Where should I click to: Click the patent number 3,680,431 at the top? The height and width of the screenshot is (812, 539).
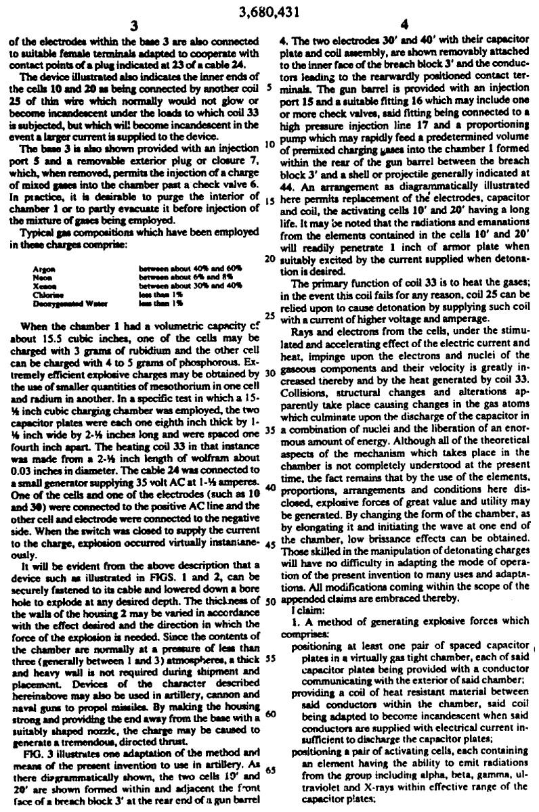coord(269,10)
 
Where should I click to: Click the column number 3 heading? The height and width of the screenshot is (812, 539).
coord(133,26)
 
